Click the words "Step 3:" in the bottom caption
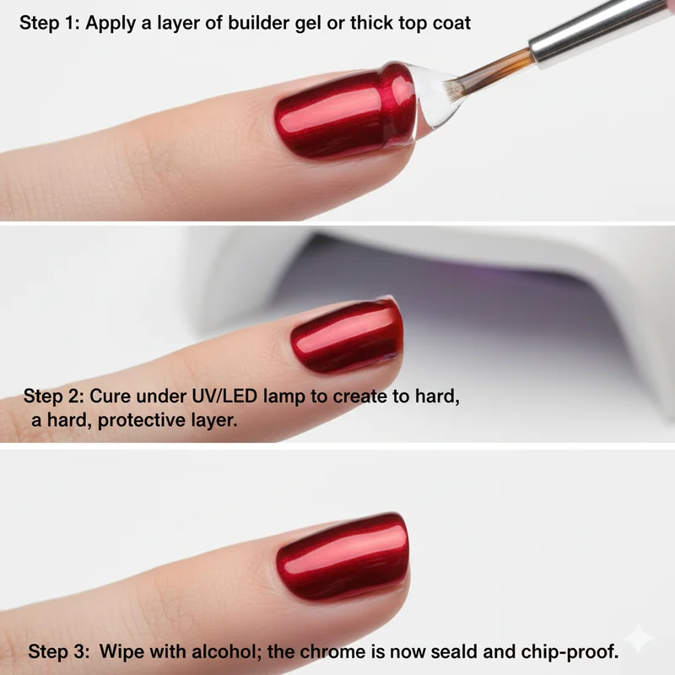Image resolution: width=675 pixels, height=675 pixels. [x=57, y=651]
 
